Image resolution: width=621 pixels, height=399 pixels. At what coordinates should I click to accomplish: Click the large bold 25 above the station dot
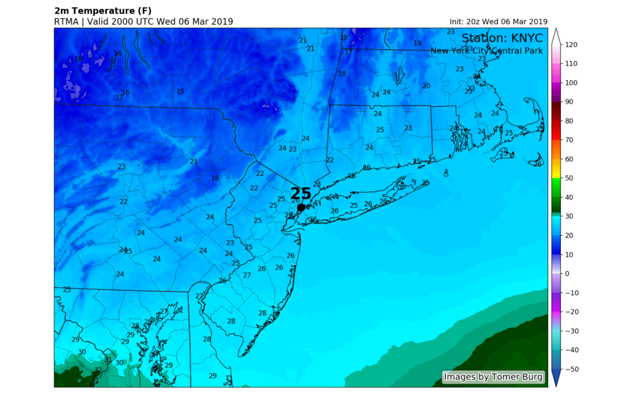pos(301,193)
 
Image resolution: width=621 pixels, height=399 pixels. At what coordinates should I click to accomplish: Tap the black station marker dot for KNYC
pos(301,207)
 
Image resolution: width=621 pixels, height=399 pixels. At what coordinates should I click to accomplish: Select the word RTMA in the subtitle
pos(67,22)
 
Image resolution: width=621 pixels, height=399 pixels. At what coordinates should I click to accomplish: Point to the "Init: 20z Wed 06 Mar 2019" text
pos(494,22)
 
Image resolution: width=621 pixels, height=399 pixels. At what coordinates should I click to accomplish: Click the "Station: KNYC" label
pos(502,39)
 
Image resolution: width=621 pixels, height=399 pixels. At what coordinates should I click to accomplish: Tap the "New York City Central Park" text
pos(487,51)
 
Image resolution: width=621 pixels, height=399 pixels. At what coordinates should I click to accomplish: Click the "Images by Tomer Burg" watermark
pos(493,377)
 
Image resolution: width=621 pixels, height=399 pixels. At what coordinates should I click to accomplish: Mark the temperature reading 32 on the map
pos(98,370)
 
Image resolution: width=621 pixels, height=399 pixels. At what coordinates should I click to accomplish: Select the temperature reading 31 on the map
pos(109,360)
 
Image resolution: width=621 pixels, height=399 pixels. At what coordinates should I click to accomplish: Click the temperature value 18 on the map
pos(342,74)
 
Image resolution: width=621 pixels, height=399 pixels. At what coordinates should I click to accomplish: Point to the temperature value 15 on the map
pos(180,92)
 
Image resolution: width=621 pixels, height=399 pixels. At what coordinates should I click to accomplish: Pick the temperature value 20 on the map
pos(426,86)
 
